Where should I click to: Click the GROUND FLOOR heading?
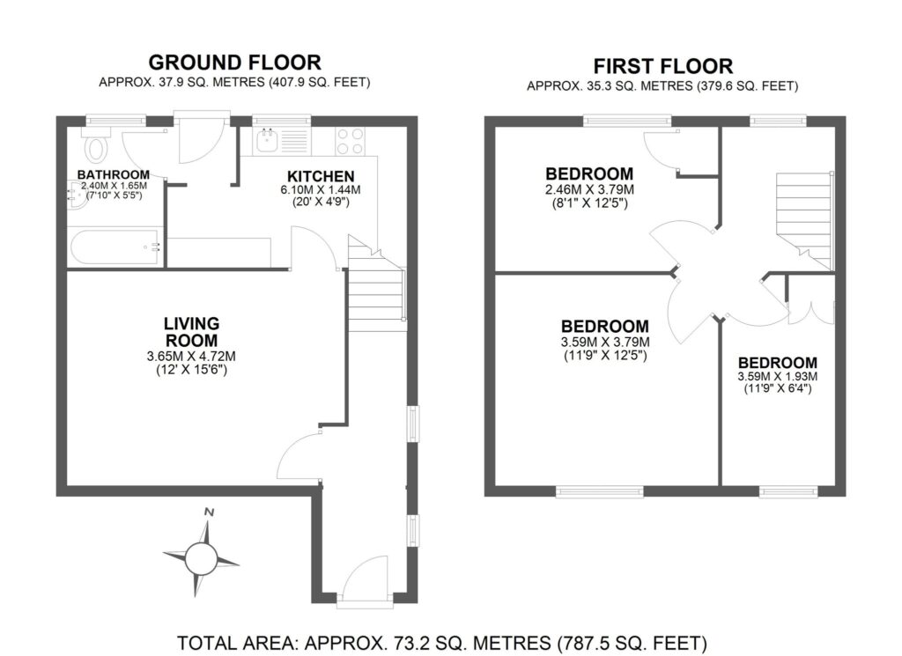coord(234,63)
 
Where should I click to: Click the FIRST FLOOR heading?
coord(662,66)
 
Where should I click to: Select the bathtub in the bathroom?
coord(115,246)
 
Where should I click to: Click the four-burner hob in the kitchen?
coord(351,140)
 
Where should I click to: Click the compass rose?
coord(201,556)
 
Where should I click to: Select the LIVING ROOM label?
coord(191,332)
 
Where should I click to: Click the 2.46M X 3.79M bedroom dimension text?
coord(589,189)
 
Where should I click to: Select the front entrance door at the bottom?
coord(364,586)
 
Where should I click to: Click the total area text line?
coord(442,642)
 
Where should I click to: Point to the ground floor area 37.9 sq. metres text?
coord(234,83)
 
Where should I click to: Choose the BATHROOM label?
coord(113,174)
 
